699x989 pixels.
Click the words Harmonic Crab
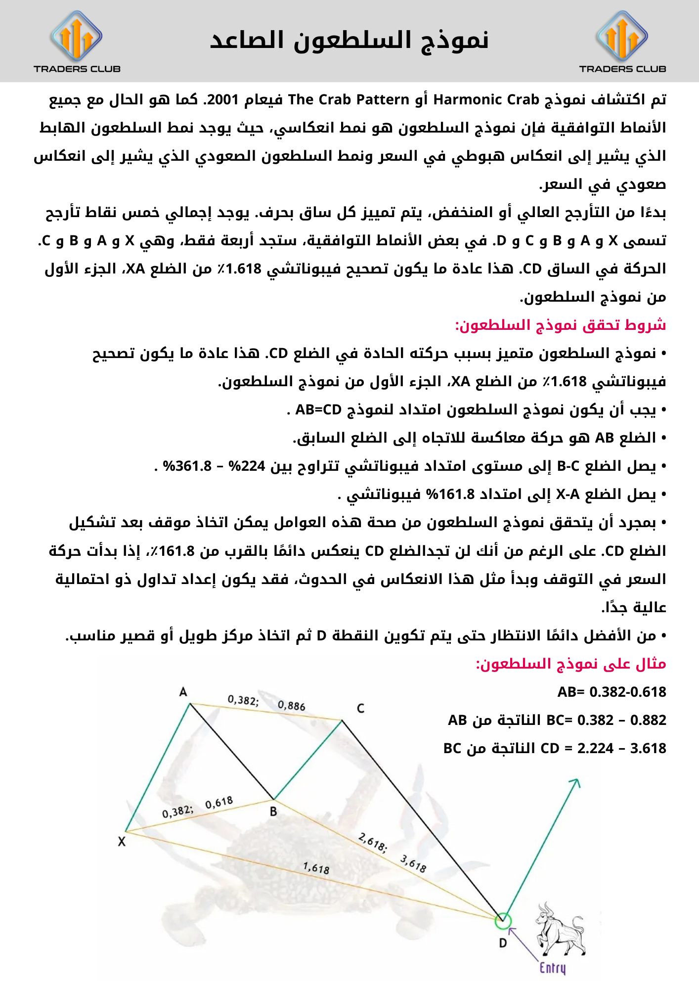pyautogui.click(x=486, y=100)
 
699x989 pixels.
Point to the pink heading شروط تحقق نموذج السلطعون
pyautogui.click(x=560, y=325)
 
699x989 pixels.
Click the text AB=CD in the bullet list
pyautogui.click(x=318, y=410)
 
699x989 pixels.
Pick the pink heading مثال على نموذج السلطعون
pyautogui.click(x=570, y=664)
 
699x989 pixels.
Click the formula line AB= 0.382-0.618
pyautogui.click(x=612, y=692)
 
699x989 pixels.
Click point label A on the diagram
pyautogui.click(x=183, y=692)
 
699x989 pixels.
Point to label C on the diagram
pyautogui.click(x=360, y=709)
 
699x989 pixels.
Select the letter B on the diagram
pyautogui.click(x=273, y=811)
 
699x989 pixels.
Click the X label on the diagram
pyautogui.click(x=122, y=842)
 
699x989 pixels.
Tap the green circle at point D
pyautogui.click(x=503, y=921)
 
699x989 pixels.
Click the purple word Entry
pyautogui.click(x=552, y=968)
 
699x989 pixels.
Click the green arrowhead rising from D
pyautogui.click(x=575, y=782)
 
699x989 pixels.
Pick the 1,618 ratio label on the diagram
pyautogui.click(x=316, y=868)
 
